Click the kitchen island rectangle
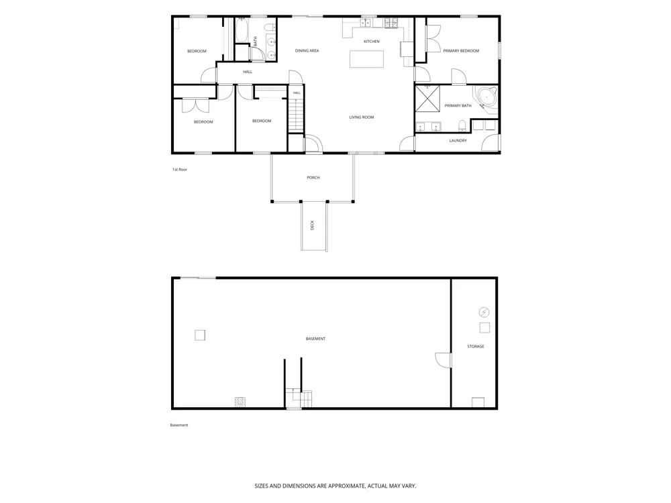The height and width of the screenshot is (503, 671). pyautogui.click(x=366, y=59)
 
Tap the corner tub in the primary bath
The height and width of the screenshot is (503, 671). pyautogui.click(x=485, y=99)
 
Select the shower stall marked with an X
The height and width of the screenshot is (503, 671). pyautogui.click(x=427, y=99)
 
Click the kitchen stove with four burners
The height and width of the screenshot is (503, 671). pyautogui.click(x=391, y=23)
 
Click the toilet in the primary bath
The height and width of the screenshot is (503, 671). pyautogui.click(x=462, y=126)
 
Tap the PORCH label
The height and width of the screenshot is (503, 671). pyautogui.click(x=313, y=178)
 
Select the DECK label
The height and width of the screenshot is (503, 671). pyautogui.click(x=312, y=225)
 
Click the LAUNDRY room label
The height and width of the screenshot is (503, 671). pyautogui.click(x=458, y=141)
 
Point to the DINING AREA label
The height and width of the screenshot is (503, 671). pyautogui.click(x=307, y=51)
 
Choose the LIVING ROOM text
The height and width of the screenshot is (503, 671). pyautogui.click(x=362, y=117)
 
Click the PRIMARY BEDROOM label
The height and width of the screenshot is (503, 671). pyautogui.click(x=461, y=51)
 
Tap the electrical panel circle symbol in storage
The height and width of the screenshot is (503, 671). pyautogui.click(x=484, y=313)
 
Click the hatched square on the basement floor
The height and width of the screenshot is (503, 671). pyautogui.click(x=240, y=402)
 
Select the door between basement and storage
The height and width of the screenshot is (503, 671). pyautogui.click(x=444, y=360)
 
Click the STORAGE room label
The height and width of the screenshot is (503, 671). pyautogui.click(x=476, y=347)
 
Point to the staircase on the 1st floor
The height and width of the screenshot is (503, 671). pyautogui.click(x=295, y=115)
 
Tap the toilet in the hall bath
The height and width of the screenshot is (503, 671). pyautogui.click(x=270, y=27)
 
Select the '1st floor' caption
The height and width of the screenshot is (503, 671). pyautogui.click(x=180, y=170)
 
